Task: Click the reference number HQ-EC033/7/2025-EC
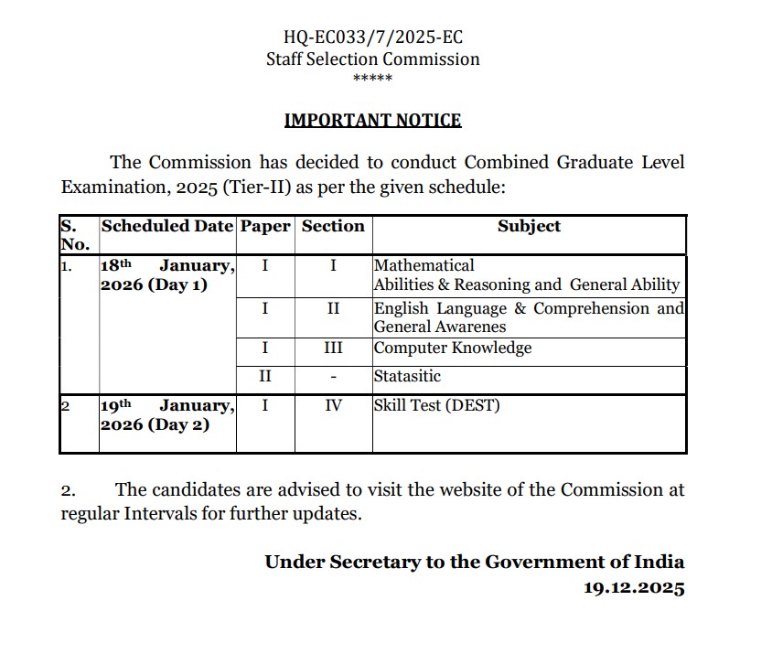373,38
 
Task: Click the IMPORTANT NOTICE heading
372,121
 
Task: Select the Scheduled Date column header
167,227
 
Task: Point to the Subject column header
529,227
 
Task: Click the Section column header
333,227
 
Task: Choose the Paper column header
265,227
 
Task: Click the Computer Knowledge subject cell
452,348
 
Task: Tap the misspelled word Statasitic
407,376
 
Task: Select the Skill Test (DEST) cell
436,405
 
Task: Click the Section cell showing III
333,348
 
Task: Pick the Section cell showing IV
333,405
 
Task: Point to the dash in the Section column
333,376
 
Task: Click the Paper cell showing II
265,376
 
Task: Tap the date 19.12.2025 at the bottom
634,588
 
